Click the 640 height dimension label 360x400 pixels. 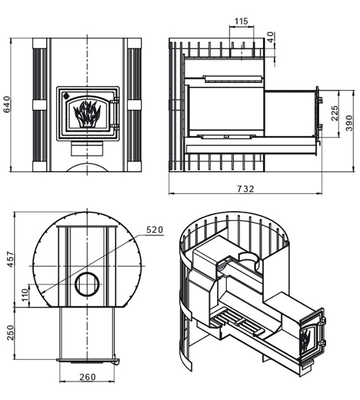point(7,104)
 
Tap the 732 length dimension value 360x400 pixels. point(246,189)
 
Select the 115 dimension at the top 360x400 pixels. point(241,21)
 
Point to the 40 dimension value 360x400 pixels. point(271,37)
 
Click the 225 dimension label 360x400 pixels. point(334,113)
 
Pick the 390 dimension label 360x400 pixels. point(349,123)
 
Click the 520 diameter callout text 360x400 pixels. point(155,230)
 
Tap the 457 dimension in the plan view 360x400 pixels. point(10,259)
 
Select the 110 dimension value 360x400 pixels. point(25,295)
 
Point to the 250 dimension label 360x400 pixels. point(10,333)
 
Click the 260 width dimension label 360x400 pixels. point(87,377)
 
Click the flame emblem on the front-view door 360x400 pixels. point(87,114)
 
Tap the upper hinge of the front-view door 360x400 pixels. point(117,100)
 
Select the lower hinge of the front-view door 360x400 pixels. point(117,126)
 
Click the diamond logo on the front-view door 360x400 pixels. point(66,96)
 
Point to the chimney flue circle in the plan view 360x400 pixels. point(87,284)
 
